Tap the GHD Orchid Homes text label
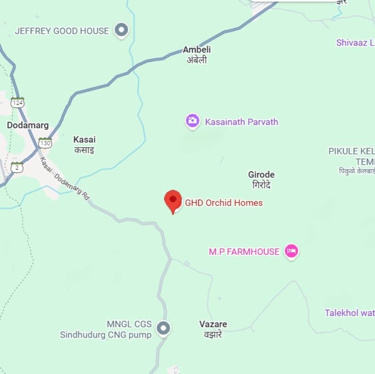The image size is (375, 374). point(224,203)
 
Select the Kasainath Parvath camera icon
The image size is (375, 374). point(192,121)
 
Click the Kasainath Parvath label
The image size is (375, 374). point(242,122)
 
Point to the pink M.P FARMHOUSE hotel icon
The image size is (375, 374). point(291,251)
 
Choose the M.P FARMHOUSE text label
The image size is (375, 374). point(244,251)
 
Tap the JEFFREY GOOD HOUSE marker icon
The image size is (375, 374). point(121,30)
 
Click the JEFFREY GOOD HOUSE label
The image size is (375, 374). point(62,31)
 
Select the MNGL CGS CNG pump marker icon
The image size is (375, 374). point(163,328)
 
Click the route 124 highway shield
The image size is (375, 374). point(17,102)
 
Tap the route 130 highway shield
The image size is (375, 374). point(45,143)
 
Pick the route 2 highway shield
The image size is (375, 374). point(17,168)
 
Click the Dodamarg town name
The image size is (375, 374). point(28,125)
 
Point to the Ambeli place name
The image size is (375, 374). point(196,50)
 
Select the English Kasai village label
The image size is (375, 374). point(85,139)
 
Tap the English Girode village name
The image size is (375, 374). point(261,175)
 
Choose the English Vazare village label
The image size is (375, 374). point(213,324)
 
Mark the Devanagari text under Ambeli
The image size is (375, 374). point(196,60)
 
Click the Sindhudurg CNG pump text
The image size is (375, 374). point(105,335)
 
